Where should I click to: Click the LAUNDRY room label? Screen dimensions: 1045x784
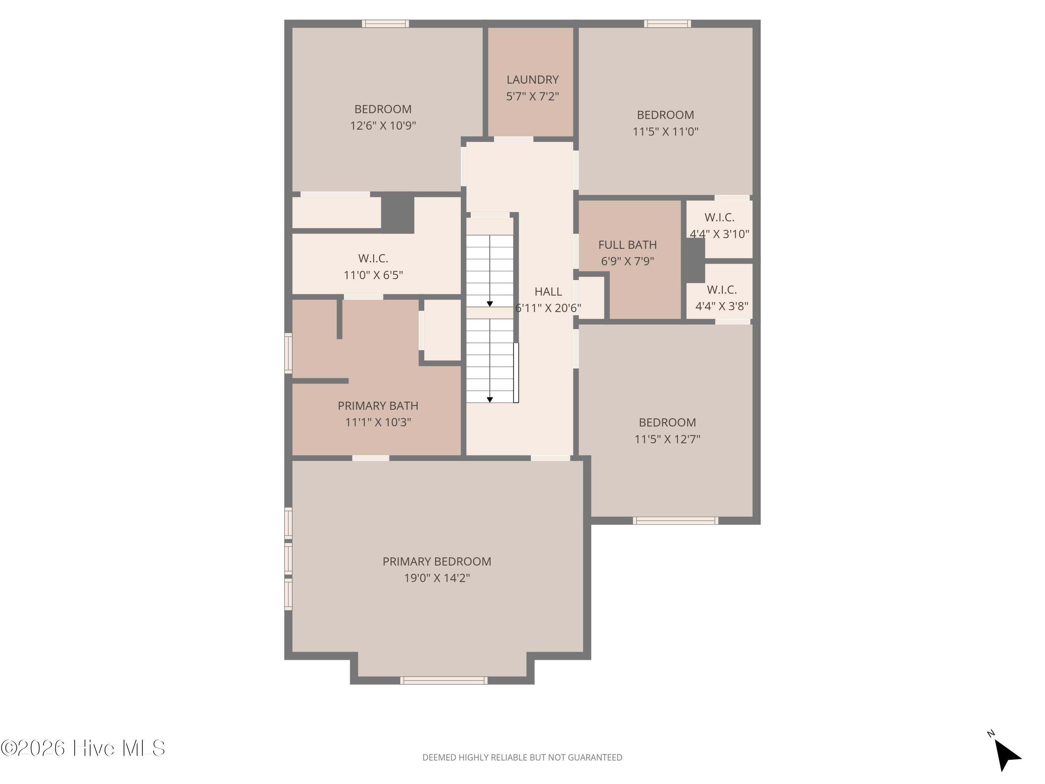(x=532, y=79)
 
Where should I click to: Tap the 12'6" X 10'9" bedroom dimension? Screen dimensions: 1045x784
(x=383, y=126)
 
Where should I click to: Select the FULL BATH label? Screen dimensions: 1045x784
(x=627, y=245)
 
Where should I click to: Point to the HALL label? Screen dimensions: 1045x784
(x=548, y=292)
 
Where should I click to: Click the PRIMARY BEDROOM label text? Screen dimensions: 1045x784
(x=436, y=561)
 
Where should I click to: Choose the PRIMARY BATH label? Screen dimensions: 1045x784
(x=378, y=406)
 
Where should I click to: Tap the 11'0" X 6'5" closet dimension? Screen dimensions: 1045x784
(x=373, y=275)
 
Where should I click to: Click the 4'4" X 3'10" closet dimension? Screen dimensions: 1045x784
(x=720, y=234)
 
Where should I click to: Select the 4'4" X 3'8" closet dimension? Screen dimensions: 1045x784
(x=721, y=306)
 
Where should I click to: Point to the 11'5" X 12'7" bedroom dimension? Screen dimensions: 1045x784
(x=667, y=439)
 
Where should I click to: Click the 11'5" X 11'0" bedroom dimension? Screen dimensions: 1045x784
(x=665, y=131)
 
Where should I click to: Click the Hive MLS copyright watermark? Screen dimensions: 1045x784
(x=83, y=748)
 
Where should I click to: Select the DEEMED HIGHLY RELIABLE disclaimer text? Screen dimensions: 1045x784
(x=522, y=758)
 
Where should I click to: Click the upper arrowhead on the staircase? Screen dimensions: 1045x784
(x=490, y=304)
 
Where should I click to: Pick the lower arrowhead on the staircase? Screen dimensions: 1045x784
(x=490, y=400)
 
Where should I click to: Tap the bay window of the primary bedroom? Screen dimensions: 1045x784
(x=444, y=681)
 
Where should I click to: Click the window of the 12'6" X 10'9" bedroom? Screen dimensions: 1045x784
(x=386, y=24)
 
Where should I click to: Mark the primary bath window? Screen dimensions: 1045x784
(x=288, y=353)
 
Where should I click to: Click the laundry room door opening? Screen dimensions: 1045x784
(x=513, y=139)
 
